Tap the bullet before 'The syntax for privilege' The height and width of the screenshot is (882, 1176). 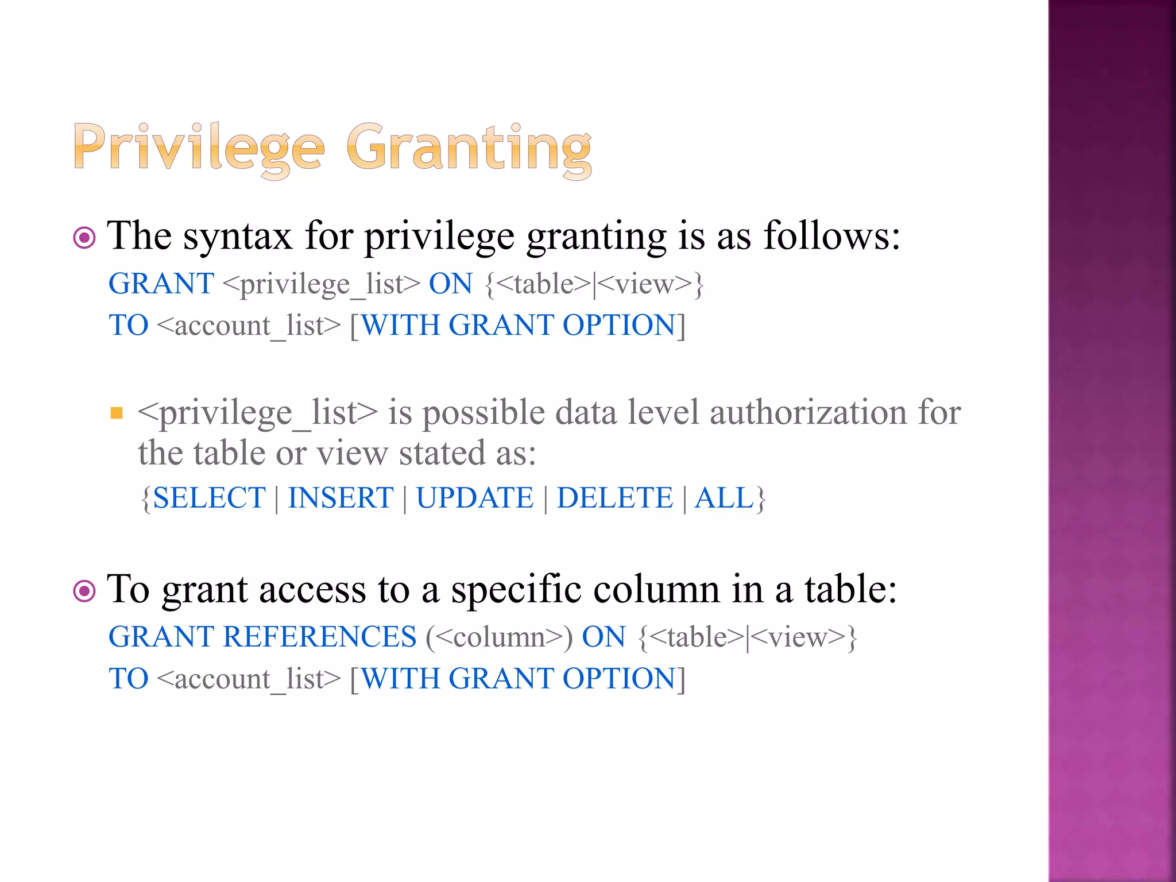pos(84,238)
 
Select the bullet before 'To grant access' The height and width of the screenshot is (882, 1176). pos(84,591)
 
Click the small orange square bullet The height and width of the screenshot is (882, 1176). pos(117,413)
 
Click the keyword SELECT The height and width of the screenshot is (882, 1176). pos(209,498)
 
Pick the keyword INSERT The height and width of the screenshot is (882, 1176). pos(341,498)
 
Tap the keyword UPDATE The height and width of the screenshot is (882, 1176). pos(475,498)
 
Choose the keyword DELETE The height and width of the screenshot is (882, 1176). pos(614,498)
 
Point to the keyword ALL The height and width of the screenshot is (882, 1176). pos(724,498)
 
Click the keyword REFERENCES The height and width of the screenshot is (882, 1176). pos(320,637)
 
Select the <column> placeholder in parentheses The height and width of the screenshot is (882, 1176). pos(499,637)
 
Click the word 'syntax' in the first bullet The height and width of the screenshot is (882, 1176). pos(237,236)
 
